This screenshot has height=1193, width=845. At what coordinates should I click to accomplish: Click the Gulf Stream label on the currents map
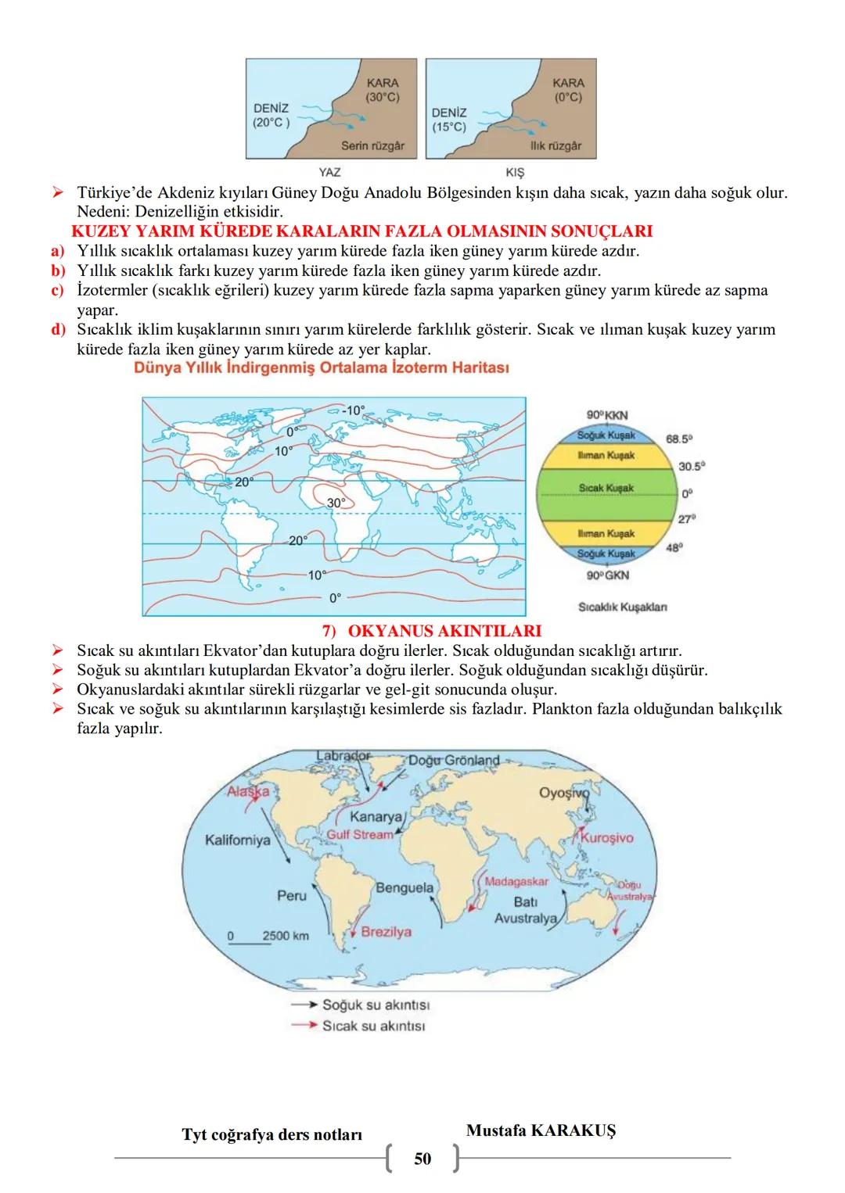(x=360, y=835)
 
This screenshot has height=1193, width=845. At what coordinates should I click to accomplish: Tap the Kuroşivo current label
(x=607, y=837)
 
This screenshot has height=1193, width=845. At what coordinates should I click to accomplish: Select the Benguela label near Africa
(x=405, y=888)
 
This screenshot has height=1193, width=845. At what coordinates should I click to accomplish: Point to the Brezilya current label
(x=386, y=932)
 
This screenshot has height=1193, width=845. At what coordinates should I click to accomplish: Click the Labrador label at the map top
(x=343, y=756)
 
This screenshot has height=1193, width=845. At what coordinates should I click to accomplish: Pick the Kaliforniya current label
(x=238, y=840)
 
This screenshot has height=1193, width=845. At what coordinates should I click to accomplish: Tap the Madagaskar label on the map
(x=516, y=882)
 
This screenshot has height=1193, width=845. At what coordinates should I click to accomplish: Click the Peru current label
(x=292, y=895)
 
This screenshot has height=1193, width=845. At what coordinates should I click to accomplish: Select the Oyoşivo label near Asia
(x=563, y=793)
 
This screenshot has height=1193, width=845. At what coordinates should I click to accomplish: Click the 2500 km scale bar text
(x=286, y=936)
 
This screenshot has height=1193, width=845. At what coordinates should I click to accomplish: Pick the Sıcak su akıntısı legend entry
(x=373, y=1026)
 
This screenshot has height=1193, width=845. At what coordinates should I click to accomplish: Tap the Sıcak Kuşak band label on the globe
(x=606, y=488)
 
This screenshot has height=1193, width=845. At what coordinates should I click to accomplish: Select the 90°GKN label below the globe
(x=607, y=575)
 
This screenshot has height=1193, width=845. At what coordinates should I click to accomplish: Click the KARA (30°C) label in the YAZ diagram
(x=383, y=90)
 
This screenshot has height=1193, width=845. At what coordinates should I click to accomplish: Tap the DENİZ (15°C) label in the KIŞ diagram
(x=449, y=120)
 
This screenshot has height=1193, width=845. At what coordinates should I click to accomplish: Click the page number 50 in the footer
(x=422, y=1159)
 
